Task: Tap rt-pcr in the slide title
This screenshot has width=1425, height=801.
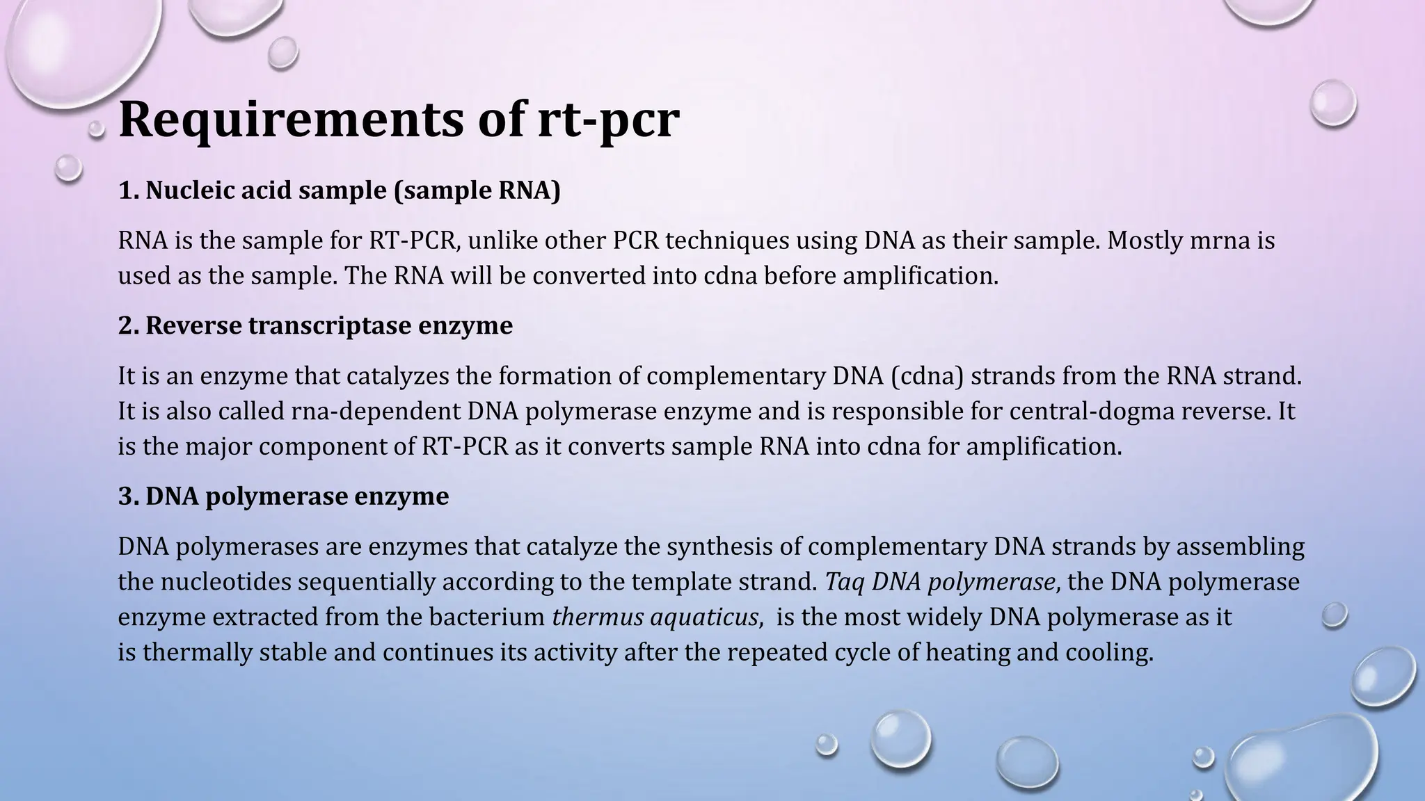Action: point(609,120)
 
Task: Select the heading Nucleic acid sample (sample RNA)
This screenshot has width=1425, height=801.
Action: point(339,190)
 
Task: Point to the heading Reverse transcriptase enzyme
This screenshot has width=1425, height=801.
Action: point(315,325)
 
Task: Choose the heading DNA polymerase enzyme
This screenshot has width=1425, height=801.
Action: point(283,496)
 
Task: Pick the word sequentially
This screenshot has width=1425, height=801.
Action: point(366,581)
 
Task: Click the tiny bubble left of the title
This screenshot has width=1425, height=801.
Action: point(97,129)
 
